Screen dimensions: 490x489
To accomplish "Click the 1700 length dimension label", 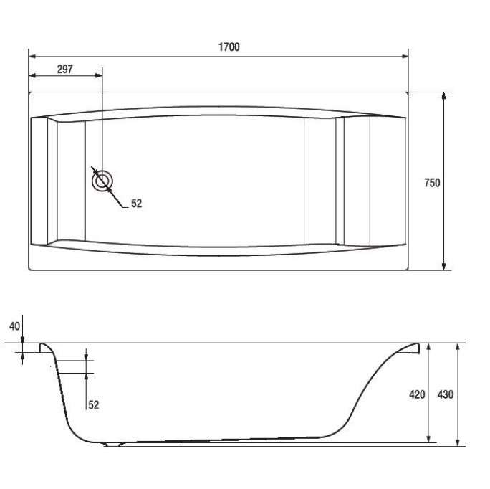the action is pos(229,47).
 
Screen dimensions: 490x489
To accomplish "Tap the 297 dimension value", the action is pos(65,69).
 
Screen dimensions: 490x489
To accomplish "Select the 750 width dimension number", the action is pos(432,183).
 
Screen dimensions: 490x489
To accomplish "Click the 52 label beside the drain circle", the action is pos(137,204).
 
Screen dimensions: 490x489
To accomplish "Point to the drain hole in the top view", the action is pos(102,181).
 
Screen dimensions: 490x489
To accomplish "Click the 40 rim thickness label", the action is pos(14,326).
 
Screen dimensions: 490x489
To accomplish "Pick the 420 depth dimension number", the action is pos(417,394).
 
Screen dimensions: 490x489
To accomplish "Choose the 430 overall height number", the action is pos(446,394).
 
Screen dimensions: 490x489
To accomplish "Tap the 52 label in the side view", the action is pos(93,405).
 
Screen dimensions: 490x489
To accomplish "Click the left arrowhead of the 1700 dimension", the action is pos(32,57).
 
